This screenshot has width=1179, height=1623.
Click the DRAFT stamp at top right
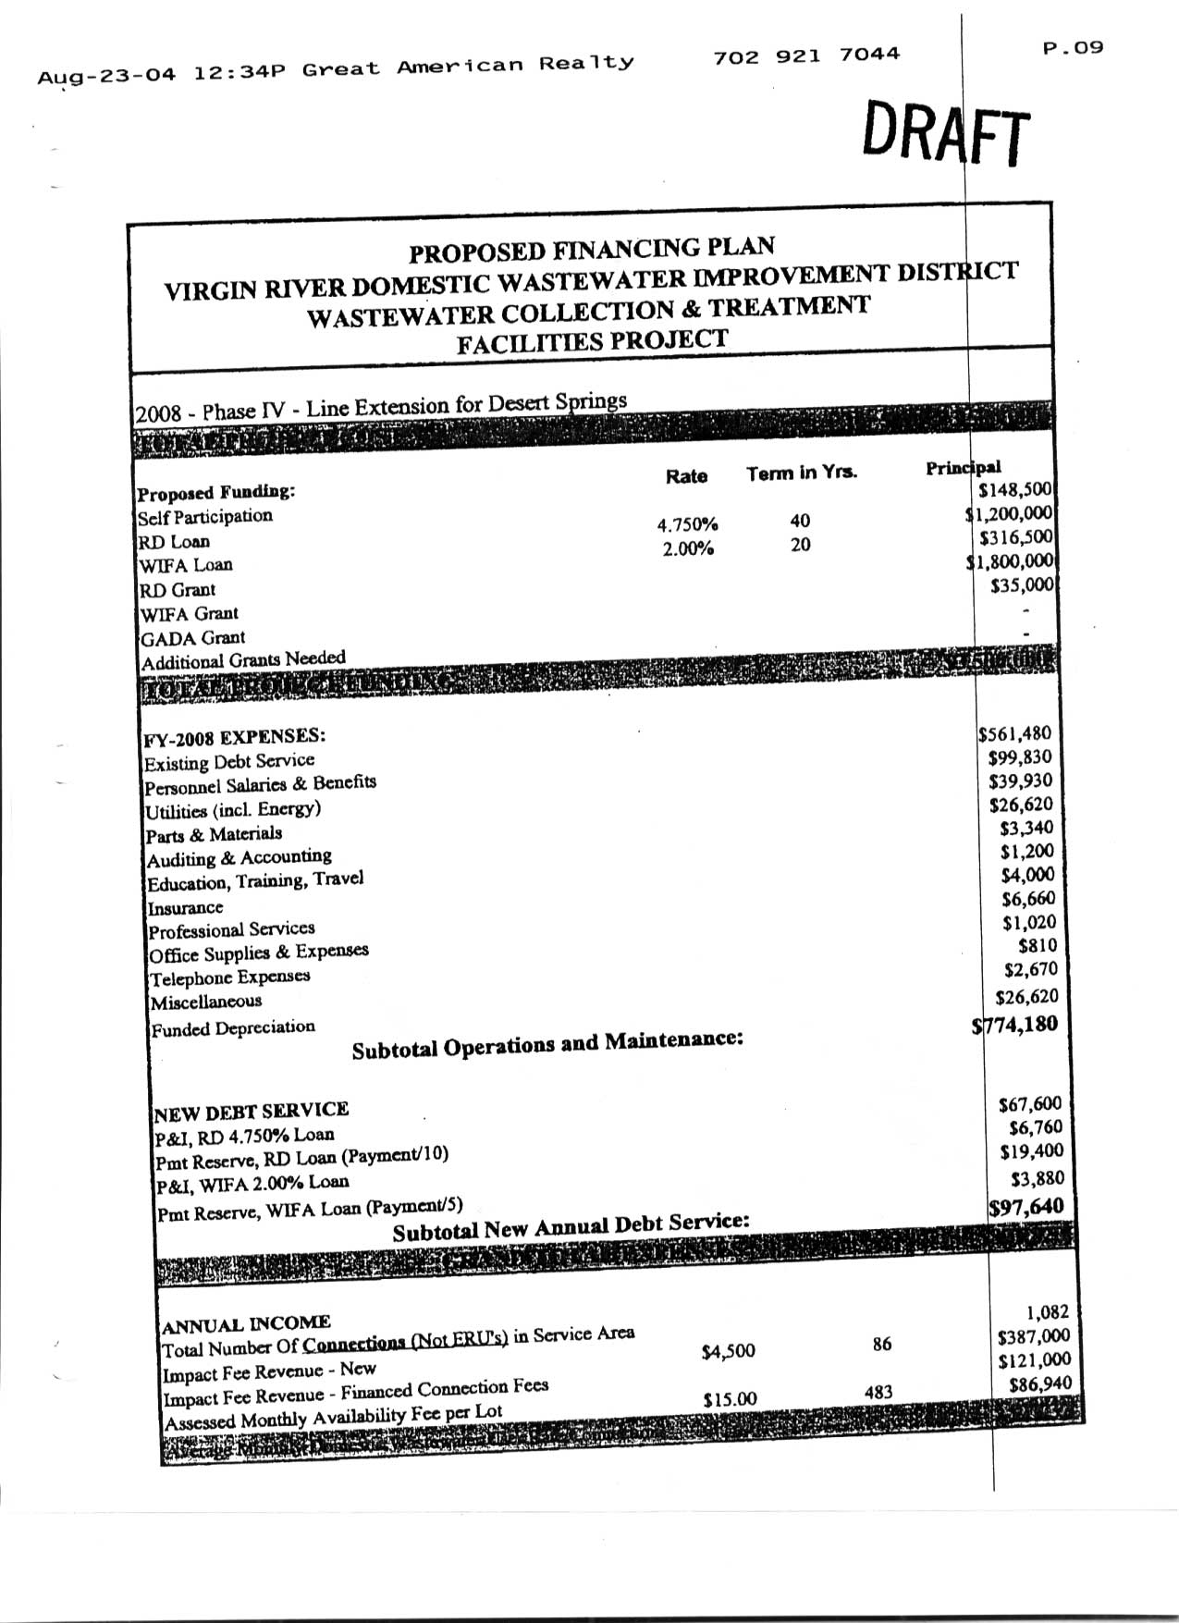pyautogui.click(x=945, y=135)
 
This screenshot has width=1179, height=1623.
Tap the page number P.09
pyautogui.click(x=1073, y=47)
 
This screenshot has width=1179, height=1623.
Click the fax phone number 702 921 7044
pyautogui.click(x=806, y=55)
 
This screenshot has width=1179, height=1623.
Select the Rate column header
pyautogui.click(x=686, y=476)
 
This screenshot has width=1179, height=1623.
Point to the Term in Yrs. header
pyautogui.click(x=802, y=473)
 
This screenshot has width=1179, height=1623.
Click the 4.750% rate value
pyautogui.click(x=687, y=524)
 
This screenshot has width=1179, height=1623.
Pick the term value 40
pyautogui.click(x=800, y=521)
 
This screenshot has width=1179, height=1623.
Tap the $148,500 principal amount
pyautogui.click(x=1015, y=489)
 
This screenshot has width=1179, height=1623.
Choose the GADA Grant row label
pyautogui.click(x=192, y=638)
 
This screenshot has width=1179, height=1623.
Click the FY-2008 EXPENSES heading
pyautogui.click(x=234, y=738)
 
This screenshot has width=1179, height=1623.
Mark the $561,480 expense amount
pyautogui.click(x=1014, y=733)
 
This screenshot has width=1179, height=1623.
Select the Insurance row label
pyautogui.click(x=185, y=908)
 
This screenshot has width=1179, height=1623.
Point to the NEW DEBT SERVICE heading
pyautogui.click(x=252, y=1111)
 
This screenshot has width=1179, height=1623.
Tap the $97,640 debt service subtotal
pyautogui.click(x=1025, y=1207)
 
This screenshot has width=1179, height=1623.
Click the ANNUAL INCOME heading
pyautogui.click(x=246, y=1323)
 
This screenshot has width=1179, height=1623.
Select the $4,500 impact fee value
pyautogui.click(x=728, y=1351)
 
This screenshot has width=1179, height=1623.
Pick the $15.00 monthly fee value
pyautogui.click(x=730, y=1399)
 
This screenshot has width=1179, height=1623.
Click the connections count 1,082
pyautogui.click(x=1047, y=1311)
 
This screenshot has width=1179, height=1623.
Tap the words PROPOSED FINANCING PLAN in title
pyautogui.click(x=592, y=250)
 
